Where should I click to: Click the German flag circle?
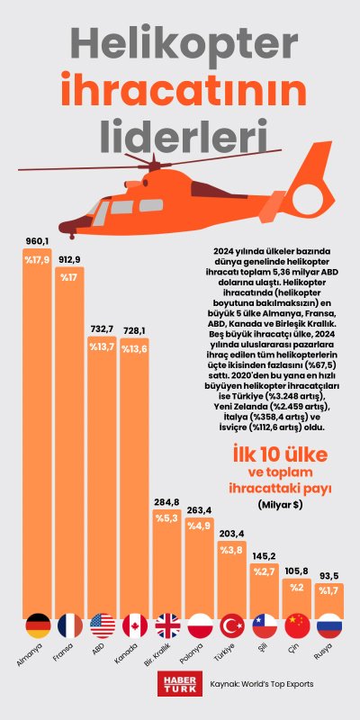point(38,626)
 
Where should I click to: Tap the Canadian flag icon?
point(136,626)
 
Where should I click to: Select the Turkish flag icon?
point(232,626)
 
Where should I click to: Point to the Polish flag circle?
point(200,626)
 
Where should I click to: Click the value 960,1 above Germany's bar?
point(37,241)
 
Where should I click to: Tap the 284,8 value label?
point(167,501)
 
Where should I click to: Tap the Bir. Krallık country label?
point(166,663)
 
